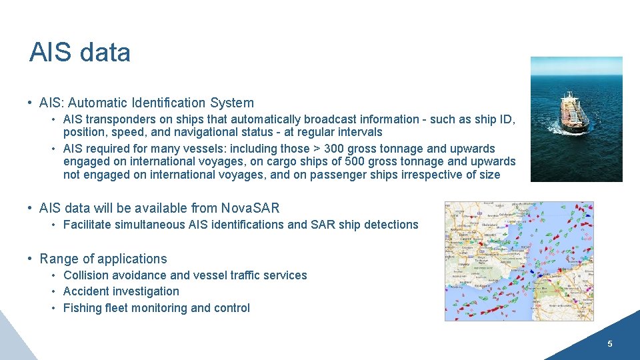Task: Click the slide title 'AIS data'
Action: click(x=79, y=53)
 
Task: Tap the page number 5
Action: click(x=609, y=344)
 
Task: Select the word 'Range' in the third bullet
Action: click(x=57, y=259)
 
